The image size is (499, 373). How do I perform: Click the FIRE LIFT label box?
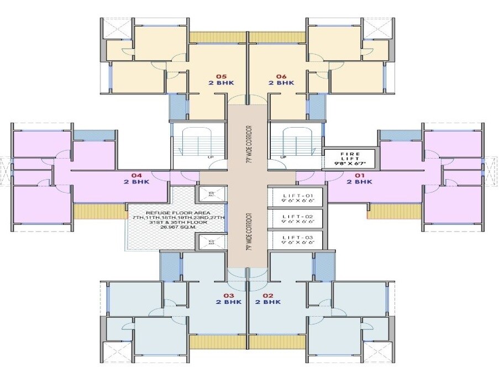[349, 158]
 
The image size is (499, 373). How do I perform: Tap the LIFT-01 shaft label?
[298, 197]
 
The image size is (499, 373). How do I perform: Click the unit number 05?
[221, 76]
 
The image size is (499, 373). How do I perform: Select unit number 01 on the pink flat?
[360, 175]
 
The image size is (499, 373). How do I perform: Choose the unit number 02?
[268, 295]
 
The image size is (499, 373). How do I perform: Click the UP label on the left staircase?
[211, 157]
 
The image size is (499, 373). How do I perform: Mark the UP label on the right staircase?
[282, 157]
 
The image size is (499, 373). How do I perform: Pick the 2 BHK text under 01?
[360, 181]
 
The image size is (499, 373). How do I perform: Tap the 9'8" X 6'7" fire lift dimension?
[349, 164]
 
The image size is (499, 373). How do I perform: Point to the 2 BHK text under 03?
[228, 302]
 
